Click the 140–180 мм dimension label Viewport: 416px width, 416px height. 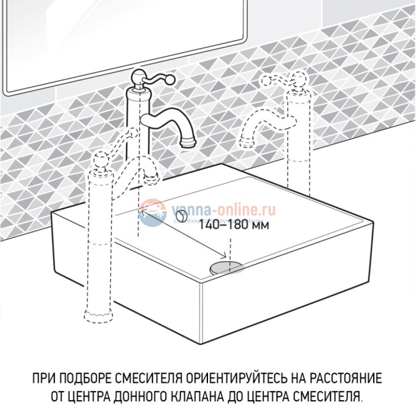pos(223,225)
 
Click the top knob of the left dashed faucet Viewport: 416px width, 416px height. pos(99,159)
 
